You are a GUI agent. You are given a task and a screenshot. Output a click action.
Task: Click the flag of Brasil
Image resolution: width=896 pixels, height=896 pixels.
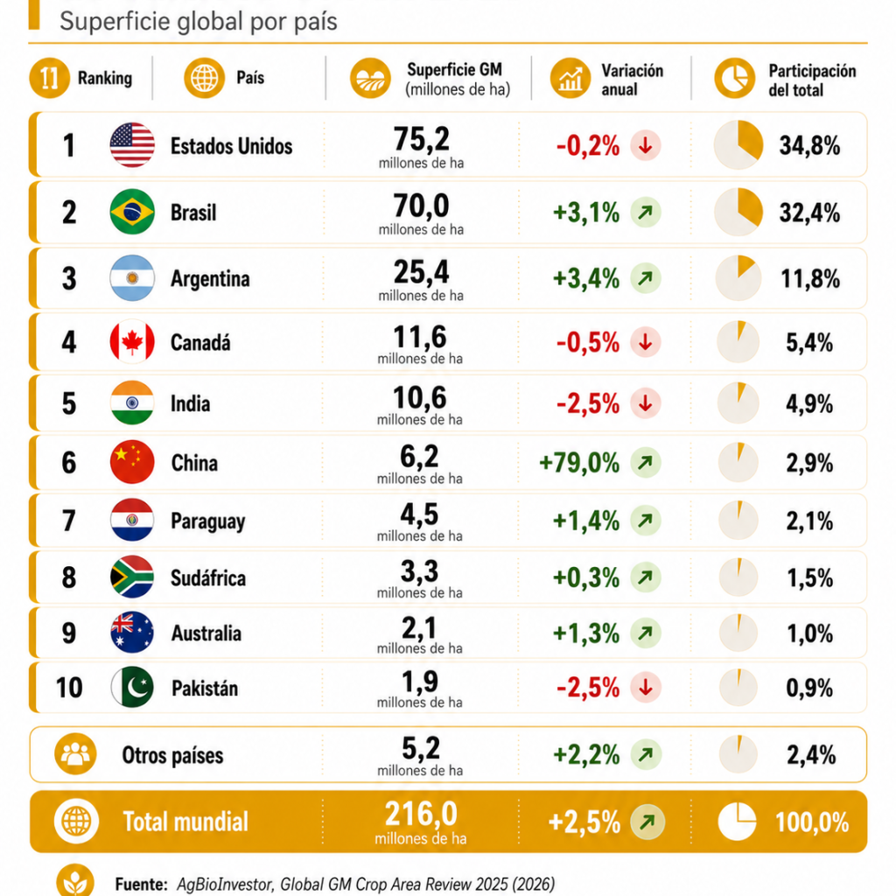[132, 212]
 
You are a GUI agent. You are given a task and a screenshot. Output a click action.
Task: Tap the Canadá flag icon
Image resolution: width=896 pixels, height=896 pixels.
[132, 342]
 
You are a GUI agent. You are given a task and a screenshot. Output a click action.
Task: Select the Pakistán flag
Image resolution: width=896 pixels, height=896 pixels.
[132, 687]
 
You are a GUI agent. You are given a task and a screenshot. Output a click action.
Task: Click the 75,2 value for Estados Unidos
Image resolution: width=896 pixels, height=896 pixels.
[421, 139]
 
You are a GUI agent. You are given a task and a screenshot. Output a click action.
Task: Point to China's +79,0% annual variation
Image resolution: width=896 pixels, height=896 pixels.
[579, 462]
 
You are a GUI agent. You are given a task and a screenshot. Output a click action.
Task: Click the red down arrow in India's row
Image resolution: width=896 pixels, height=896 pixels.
[646, 402]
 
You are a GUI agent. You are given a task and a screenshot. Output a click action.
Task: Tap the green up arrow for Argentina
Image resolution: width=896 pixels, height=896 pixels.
[646, 278]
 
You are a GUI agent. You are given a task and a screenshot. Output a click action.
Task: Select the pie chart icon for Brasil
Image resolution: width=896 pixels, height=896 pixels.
[738, 212]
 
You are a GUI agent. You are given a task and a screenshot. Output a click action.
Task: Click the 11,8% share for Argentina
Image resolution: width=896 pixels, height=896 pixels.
[810, 279]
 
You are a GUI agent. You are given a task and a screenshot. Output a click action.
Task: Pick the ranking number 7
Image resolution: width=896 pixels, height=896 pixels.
[68, 521]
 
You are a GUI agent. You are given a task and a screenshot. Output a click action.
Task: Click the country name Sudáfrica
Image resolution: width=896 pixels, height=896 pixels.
[208, 577]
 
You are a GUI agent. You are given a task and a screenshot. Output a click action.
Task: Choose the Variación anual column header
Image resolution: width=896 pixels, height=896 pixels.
[632, 80]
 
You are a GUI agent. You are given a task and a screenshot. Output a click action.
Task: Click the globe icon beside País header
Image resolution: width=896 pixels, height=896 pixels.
[204, 78]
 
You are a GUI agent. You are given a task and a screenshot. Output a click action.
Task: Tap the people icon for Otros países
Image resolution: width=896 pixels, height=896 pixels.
[75, 753]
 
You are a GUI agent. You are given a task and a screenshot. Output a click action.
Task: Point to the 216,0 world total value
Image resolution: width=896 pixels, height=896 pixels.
[421, 814]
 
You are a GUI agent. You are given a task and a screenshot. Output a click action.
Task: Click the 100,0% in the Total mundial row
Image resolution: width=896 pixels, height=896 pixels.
[812, 822]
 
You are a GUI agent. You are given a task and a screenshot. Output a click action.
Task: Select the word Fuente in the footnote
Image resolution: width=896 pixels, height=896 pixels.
[141, 884]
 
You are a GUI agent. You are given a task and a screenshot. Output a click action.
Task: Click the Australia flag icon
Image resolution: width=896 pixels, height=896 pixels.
[132, 633]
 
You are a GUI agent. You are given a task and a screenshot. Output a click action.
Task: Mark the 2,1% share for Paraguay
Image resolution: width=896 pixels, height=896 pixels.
[809, 521]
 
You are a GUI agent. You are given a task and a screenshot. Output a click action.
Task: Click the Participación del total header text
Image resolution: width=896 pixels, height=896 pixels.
[812, 80]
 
